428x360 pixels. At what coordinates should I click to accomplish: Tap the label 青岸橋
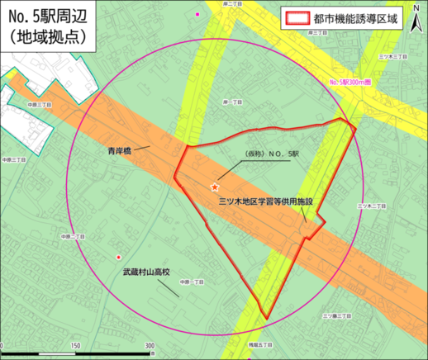pyautogui.click(x=121, y=151)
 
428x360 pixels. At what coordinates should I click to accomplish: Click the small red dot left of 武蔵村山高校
pyautogui.click(x=119, y=258)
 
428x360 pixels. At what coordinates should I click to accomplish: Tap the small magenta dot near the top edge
pyautogui.click(x=197, y=15)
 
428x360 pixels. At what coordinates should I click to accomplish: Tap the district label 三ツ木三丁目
pyautogui.click(x=389, y=56)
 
